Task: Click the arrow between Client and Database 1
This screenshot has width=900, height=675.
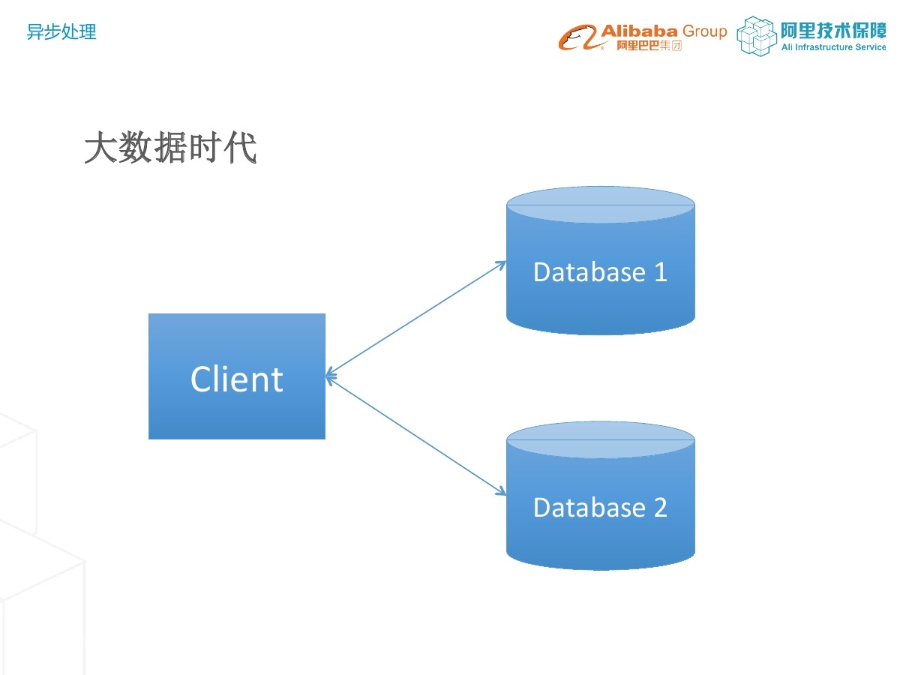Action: pyautogui.click(x=417, y=318)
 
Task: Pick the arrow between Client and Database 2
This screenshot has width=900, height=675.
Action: pyautogui.click(x=417, y=436)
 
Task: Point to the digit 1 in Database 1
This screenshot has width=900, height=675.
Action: pyautogui.click(x=660, y=271)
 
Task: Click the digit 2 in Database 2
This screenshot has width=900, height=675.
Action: pyautogui.click(x=660, y=508)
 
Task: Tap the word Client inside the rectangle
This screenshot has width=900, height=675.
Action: pyautogui.click(x=237, y=379)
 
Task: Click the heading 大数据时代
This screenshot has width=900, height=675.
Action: pyautogui.click(x=170, y=148)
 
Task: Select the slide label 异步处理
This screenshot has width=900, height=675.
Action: pyautogui.click(x=61, y=32)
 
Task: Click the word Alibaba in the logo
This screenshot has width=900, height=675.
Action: pyautogui.click(x=638, y=31)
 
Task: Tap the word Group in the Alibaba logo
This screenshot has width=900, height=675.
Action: pyautogui.click(x=704, y=31)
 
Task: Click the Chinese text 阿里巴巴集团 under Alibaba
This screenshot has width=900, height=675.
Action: pyautogui.click(x=649, y=46)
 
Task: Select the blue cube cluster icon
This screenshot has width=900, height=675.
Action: pyautogui.click(x=756, y=36)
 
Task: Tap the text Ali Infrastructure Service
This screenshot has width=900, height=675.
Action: pyautogui.click(x=833, y=47)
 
